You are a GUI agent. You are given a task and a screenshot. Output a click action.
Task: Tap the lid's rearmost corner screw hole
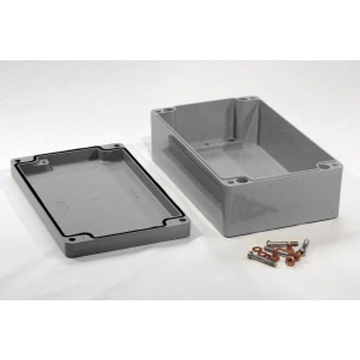point(113,146)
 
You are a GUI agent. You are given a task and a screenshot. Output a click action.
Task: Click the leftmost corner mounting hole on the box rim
point(161,112)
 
